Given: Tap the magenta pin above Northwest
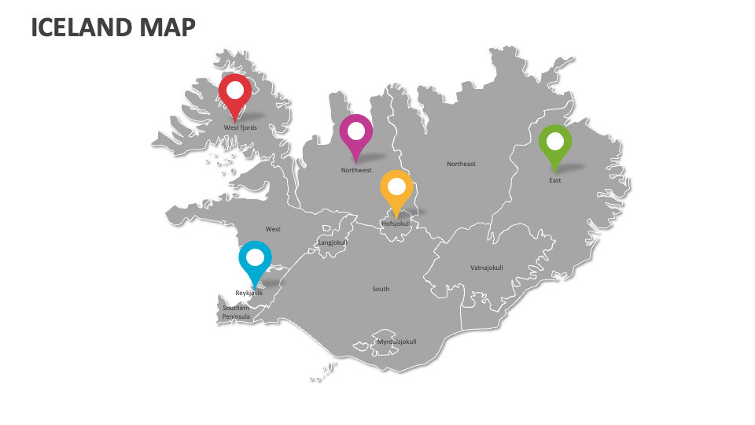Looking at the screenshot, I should (356, 135).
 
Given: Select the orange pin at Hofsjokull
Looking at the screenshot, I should (396, 191).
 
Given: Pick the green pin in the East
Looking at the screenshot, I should (555, 146).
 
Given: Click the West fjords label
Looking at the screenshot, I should (241, 128).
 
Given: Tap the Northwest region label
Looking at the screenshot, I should (356, 170).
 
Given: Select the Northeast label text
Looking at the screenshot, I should (461, 164).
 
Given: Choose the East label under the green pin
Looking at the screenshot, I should (555, 180).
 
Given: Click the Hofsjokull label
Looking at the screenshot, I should (396, 224).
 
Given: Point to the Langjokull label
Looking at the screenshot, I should (332, 243).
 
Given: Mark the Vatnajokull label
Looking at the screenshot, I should (486, 268).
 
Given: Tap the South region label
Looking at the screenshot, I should (381, 289).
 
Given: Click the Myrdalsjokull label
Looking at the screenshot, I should (396, 342).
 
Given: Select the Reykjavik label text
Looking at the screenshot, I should (249, 293).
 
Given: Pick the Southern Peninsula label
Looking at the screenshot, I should (236, 312).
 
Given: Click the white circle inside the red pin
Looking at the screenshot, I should (234, 89).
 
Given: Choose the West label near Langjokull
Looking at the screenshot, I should (273, 229).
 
